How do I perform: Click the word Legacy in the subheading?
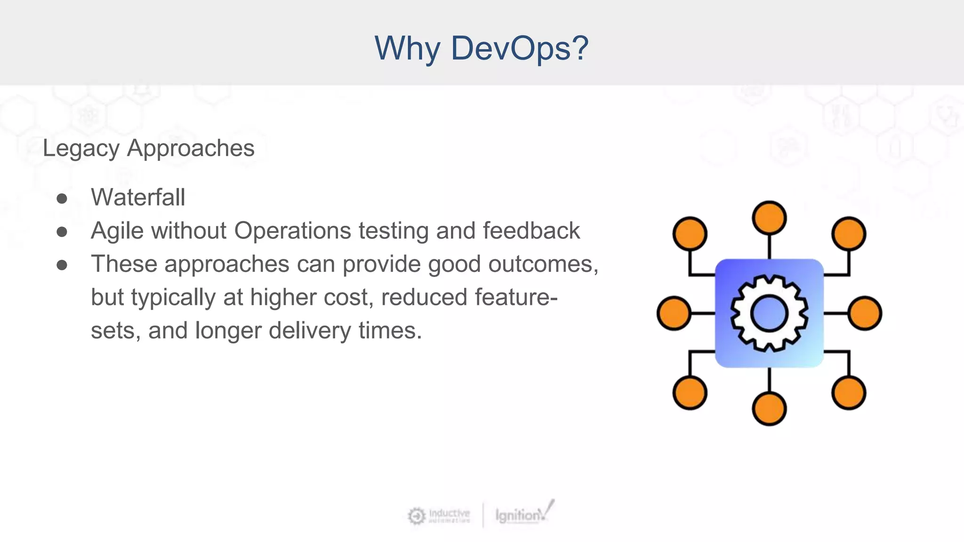click(81, 149)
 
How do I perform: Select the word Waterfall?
click(138, 197)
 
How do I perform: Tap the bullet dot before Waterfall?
click(62, 199)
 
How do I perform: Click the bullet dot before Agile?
click(62, 232)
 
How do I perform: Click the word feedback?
click(531, 231)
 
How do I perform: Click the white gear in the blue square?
click(769, 313)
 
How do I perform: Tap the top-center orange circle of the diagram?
click(769, 218)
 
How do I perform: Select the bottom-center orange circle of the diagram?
click(769, 409)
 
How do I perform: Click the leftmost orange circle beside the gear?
click(674, 313)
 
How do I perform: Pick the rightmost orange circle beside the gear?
click(865, 313)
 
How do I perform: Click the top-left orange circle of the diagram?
click(690, 234)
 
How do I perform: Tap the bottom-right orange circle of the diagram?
click(849, 393)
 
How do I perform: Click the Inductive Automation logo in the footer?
click(439, 516)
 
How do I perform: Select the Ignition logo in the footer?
click(523, 514)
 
